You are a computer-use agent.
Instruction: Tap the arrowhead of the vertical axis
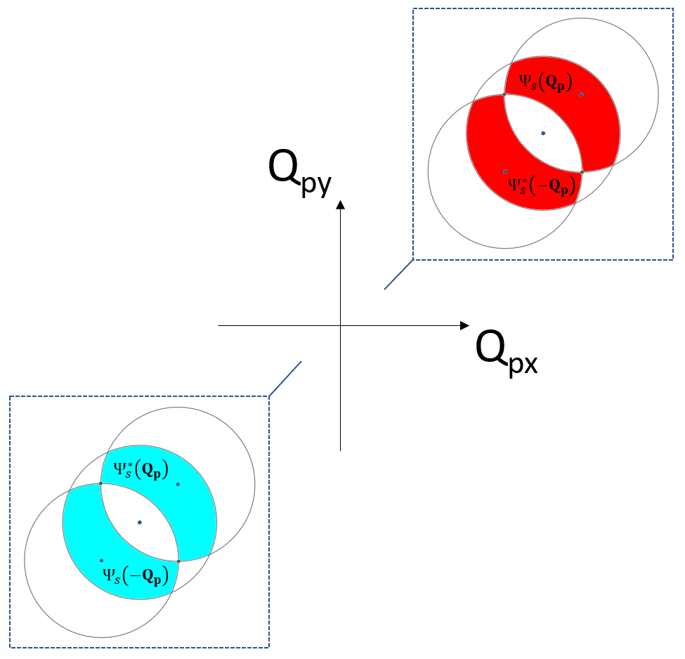[340, 204]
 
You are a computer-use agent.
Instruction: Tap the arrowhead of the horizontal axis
[464, 325]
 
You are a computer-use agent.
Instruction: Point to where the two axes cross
[340, 325]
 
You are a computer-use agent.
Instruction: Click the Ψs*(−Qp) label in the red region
[542, 186]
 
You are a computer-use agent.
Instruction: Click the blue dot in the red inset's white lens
[543, 132]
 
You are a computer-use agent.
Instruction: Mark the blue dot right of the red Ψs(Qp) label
[582, 94]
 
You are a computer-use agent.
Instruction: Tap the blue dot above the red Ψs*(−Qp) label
[505, 171]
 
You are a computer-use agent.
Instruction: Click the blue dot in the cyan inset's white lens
[140, 522]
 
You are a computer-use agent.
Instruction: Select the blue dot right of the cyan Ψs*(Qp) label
[178, 484]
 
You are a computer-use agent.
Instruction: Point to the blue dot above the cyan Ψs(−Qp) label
[102, 560]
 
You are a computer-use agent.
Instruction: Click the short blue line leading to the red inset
[398, 275]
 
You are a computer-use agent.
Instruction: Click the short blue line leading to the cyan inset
[285, 379]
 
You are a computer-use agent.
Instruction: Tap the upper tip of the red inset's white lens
[504, 93]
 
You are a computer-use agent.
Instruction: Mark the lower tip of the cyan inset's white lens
[178, 561]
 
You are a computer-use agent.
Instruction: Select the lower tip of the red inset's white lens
[582, 171]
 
